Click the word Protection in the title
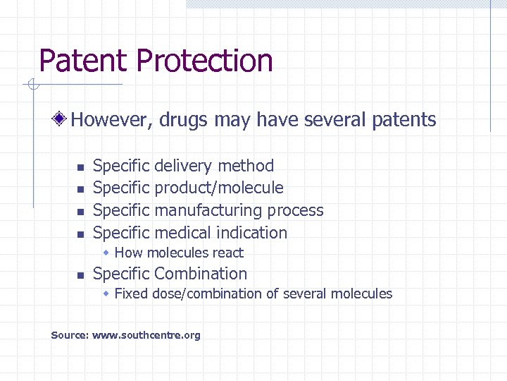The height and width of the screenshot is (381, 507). tap(204, 61)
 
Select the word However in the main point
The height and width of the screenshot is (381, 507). tap(111, 120)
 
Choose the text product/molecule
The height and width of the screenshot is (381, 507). tap(219, 188)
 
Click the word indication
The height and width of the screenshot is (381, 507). tap(252, 233)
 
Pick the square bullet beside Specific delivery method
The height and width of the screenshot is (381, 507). tap(80, 168)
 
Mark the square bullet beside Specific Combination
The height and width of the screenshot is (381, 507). tap(80, 275)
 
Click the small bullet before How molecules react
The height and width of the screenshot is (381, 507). tap(106, 253)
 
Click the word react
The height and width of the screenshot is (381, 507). tap(227, 253)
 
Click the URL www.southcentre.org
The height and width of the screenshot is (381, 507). tap(146, 335)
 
